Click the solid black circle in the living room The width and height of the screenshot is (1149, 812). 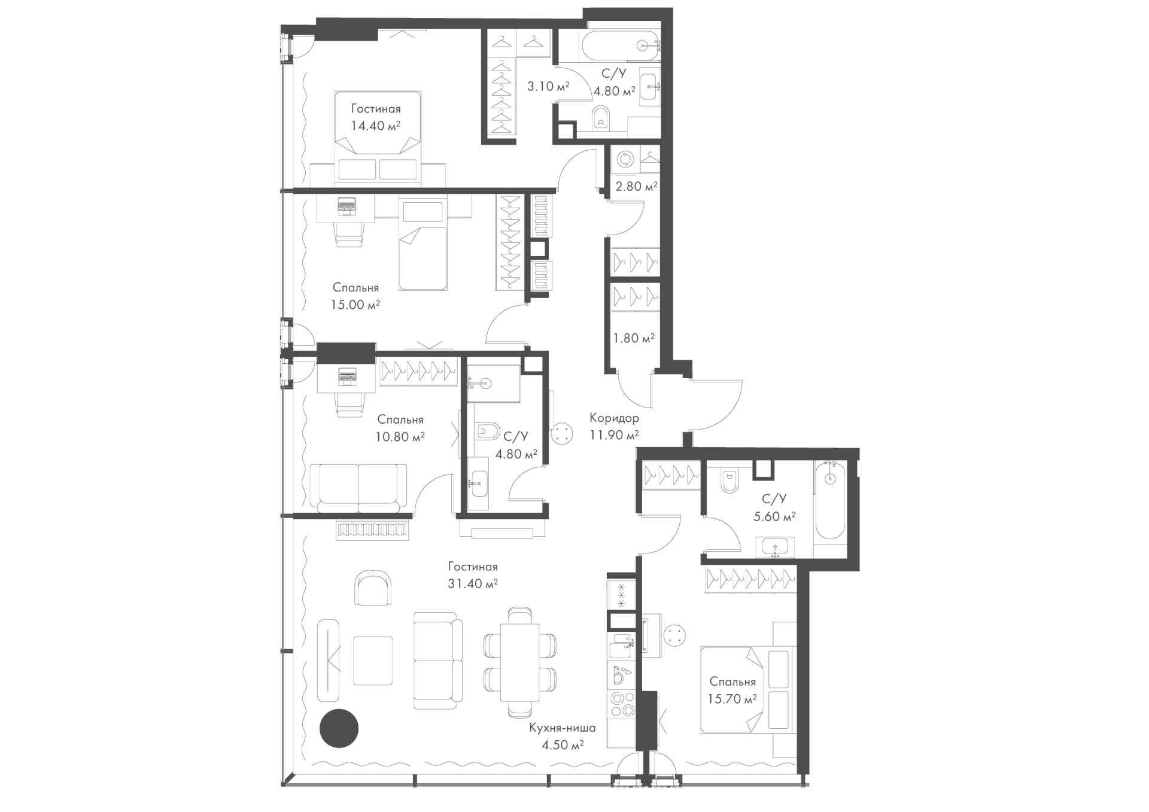339,728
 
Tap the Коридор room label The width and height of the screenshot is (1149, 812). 614,418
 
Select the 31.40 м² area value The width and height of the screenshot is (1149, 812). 473,583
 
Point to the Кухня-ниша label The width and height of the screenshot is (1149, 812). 562,728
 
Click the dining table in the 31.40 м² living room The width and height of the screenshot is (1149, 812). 520,662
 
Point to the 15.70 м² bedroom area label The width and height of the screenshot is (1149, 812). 733,698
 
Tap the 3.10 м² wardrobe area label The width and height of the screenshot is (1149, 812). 548,87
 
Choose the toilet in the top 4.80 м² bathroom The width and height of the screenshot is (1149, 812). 601,119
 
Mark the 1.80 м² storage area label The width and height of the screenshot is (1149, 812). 634,338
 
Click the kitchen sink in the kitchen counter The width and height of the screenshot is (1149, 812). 622,643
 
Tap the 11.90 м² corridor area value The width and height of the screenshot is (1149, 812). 614,435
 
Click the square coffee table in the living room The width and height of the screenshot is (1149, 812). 372,660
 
